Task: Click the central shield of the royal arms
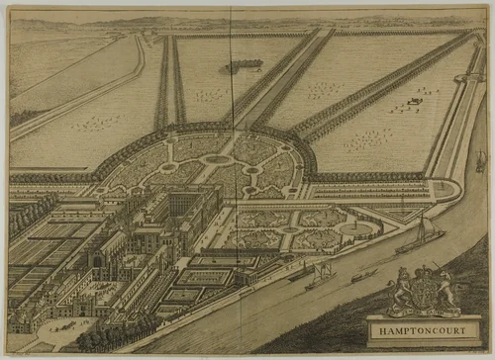(x=425, y=293)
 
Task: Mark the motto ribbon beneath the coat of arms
(x=425, y=312)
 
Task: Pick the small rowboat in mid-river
(x=364, y=275)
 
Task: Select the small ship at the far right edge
(x=481, y=160)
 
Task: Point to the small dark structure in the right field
(x=416, y=98)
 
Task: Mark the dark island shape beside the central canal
(x=243, y=65)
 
